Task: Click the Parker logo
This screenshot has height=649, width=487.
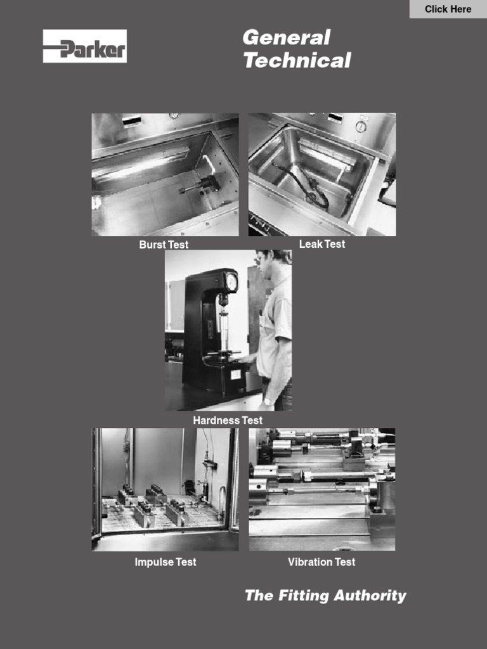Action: point(84,46)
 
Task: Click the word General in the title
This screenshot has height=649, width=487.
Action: point(286,37)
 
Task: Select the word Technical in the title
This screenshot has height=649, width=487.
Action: point(297,61)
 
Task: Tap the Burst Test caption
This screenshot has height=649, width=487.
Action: point(164,245)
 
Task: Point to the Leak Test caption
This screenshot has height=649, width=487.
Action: point(322,244)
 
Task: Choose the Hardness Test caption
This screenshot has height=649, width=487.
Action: point(228,420)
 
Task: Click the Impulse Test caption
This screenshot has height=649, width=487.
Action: point(166,562)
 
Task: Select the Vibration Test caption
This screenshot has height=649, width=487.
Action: point(321,562)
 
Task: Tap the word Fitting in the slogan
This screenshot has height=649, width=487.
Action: point(304,596)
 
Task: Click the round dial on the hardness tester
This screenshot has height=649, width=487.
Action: point(231,281)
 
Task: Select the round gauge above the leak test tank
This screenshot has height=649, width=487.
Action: point(361,127)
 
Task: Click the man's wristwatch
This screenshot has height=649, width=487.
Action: point(269,401)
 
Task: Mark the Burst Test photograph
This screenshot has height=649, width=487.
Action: point(165,174)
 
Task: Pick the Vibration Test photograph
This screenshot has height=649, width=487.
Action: point(321,489)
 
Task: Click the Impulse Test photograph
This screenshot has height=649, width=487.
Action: point(165,489)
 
